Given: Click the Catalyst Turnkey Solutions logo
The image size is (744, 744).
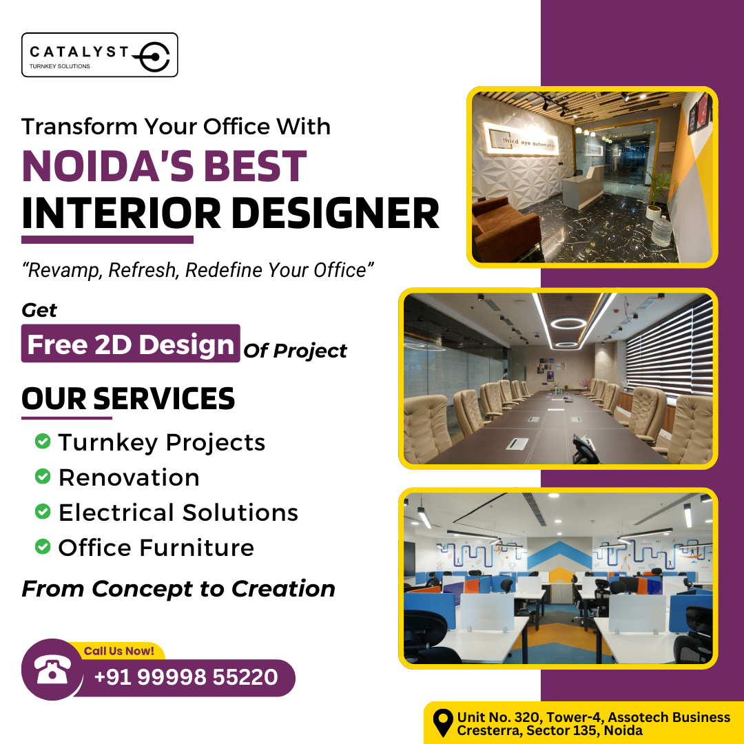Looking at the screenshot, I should (100, 55).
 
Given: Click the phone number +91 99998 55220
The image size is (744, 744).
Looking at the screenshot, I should (186, 677).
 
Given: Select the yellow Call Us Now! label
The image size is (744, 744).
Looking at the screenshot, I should (119, 650).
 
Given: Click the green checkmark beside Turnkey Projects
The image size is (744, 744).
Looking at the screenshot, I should (43, 442).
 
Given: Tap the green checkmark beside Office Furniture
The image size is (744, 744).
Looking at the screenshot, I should (43, 548).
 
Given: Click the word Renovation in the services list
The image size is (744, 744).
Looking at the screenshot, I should (129, 477).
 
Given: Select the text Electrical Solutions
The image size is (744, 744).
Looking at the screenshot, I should (178, 513).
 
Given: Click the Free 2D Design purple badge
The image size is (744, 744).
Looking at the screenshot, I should (131, 344).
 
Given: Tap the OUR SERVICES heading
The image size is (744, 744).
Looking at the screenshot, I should (128, 399).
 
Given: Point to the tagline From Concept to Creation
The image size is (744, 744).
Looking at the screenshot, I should (178, 589).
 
